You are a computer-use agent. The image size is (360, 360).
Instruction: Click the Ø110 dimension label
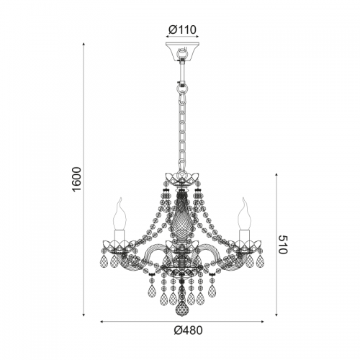click(182, 30)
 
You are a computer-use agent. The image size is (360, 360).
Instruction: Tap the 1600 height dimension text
click(77, 179)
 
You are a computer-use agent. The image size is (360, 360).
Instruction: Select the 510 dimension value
click(282, 245)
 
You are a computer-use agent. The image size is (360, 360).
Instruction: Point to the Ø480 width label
click(189, 330)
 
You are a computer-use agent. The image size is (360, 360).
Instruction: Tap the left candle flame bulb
click(120, 214)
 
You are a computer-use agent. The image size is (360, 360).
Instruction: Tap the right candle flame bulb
click(245, 214)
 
